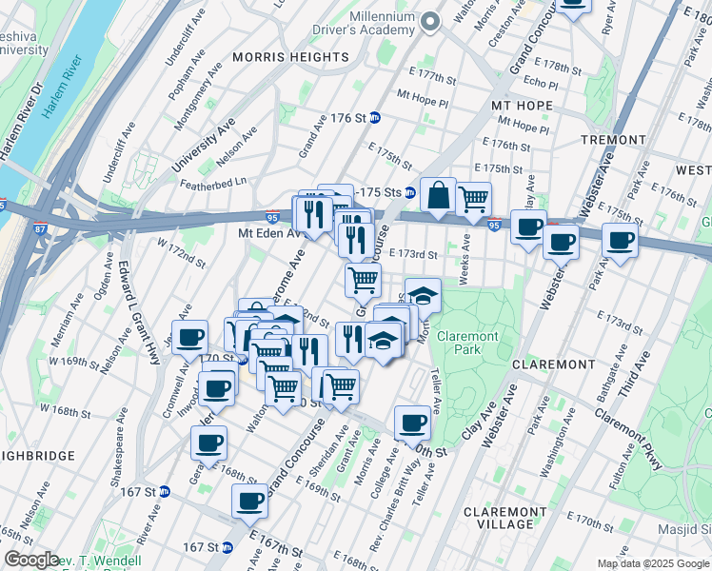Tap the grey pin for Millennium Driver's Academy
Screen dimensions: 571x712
430,20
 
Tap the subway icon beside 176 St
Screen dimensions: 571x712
375,118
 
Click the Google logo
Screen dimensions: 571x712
31,560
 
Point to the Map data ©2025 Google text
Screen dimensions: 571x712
653,563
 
